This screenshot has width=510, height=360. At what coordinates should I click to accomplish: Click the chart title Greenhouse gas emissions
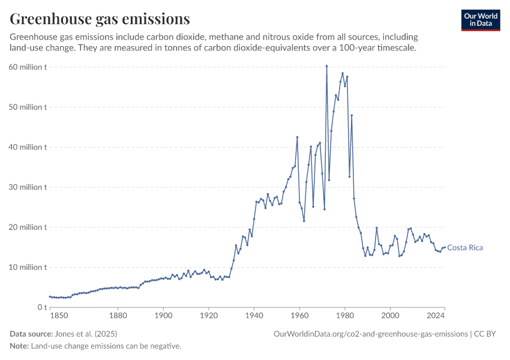tap(100, 19)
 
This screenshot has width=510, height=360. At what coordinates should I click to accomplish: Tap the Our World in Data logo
tap(481, 20)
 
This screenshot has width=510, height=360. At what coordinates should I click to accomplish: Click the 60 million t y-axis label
tap(28, 67)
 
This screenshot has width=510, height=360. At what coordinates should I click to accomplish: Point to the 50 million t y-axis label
tap(28, 107)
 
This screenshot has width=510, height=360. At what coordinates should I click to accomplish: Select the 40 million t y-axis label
tap(28, 147)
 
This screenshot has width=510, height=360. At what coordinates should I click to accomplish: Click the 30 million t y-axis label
tap(28, 187)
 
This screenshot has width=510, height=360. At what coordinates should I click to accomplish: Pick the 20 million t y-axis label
tap(28, 227)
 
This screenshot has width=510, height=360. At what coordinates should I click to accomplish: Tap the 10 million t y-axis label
tap(28, 267)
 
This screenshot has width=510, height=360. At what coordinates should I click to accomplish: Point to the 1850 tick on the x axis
tap(59, 315)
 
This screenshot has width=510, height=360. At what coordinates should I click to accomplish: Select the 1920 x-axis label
tap(208, 315)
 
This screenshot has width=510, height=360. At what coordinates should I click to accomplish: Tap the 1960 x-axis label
tap(299, 315)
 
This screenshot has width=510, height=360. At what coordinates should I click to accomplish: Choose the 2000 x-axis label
tap(390, 315)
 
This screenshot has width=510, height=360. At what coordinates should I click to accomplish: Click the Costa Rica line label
tap(465, 248)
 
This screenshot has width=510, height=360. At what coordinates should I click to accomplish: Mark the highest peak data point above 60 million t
tap(326, 66)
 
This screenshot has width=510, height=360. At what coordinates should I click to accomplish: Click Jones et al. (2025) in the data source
tap(86, 334)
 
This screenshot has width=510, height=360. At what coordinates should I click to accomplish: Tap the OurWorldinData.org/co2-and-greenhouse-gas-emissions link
tap(370, 334)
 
